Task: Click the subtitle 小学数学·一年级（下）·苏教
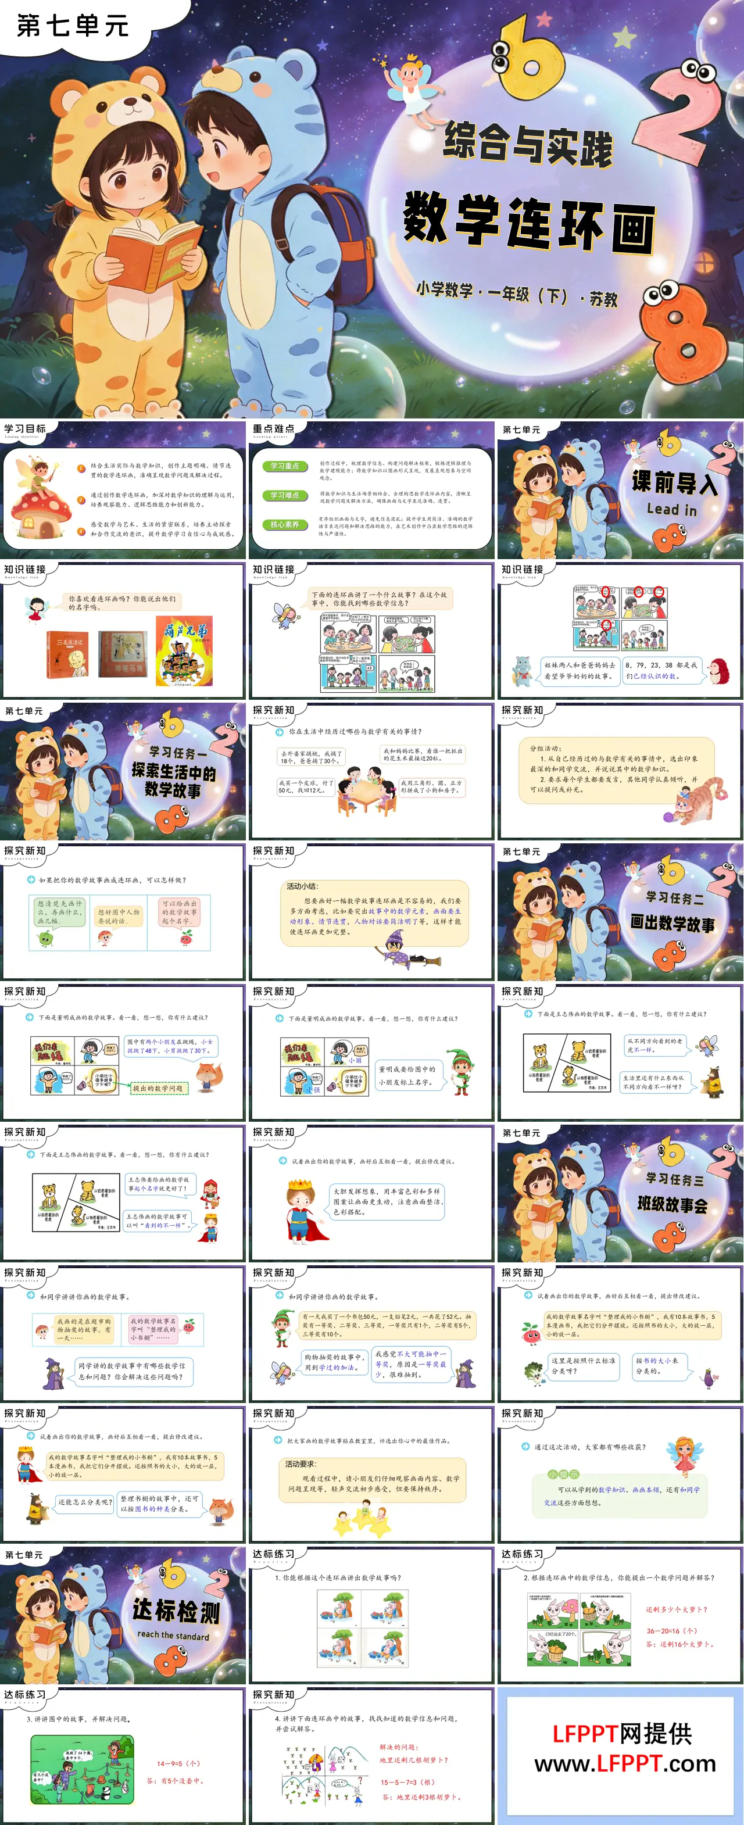tap(517, 292)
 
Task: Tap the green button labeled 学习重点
tap(285, 466)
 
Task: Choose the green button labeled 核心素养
tap(285, 525)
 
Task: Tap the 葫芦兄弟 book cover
tap(184, 650)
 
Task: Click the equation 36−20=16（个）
tap(671, 1630)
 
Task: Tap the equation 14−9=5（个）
tap(178, 1763)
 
